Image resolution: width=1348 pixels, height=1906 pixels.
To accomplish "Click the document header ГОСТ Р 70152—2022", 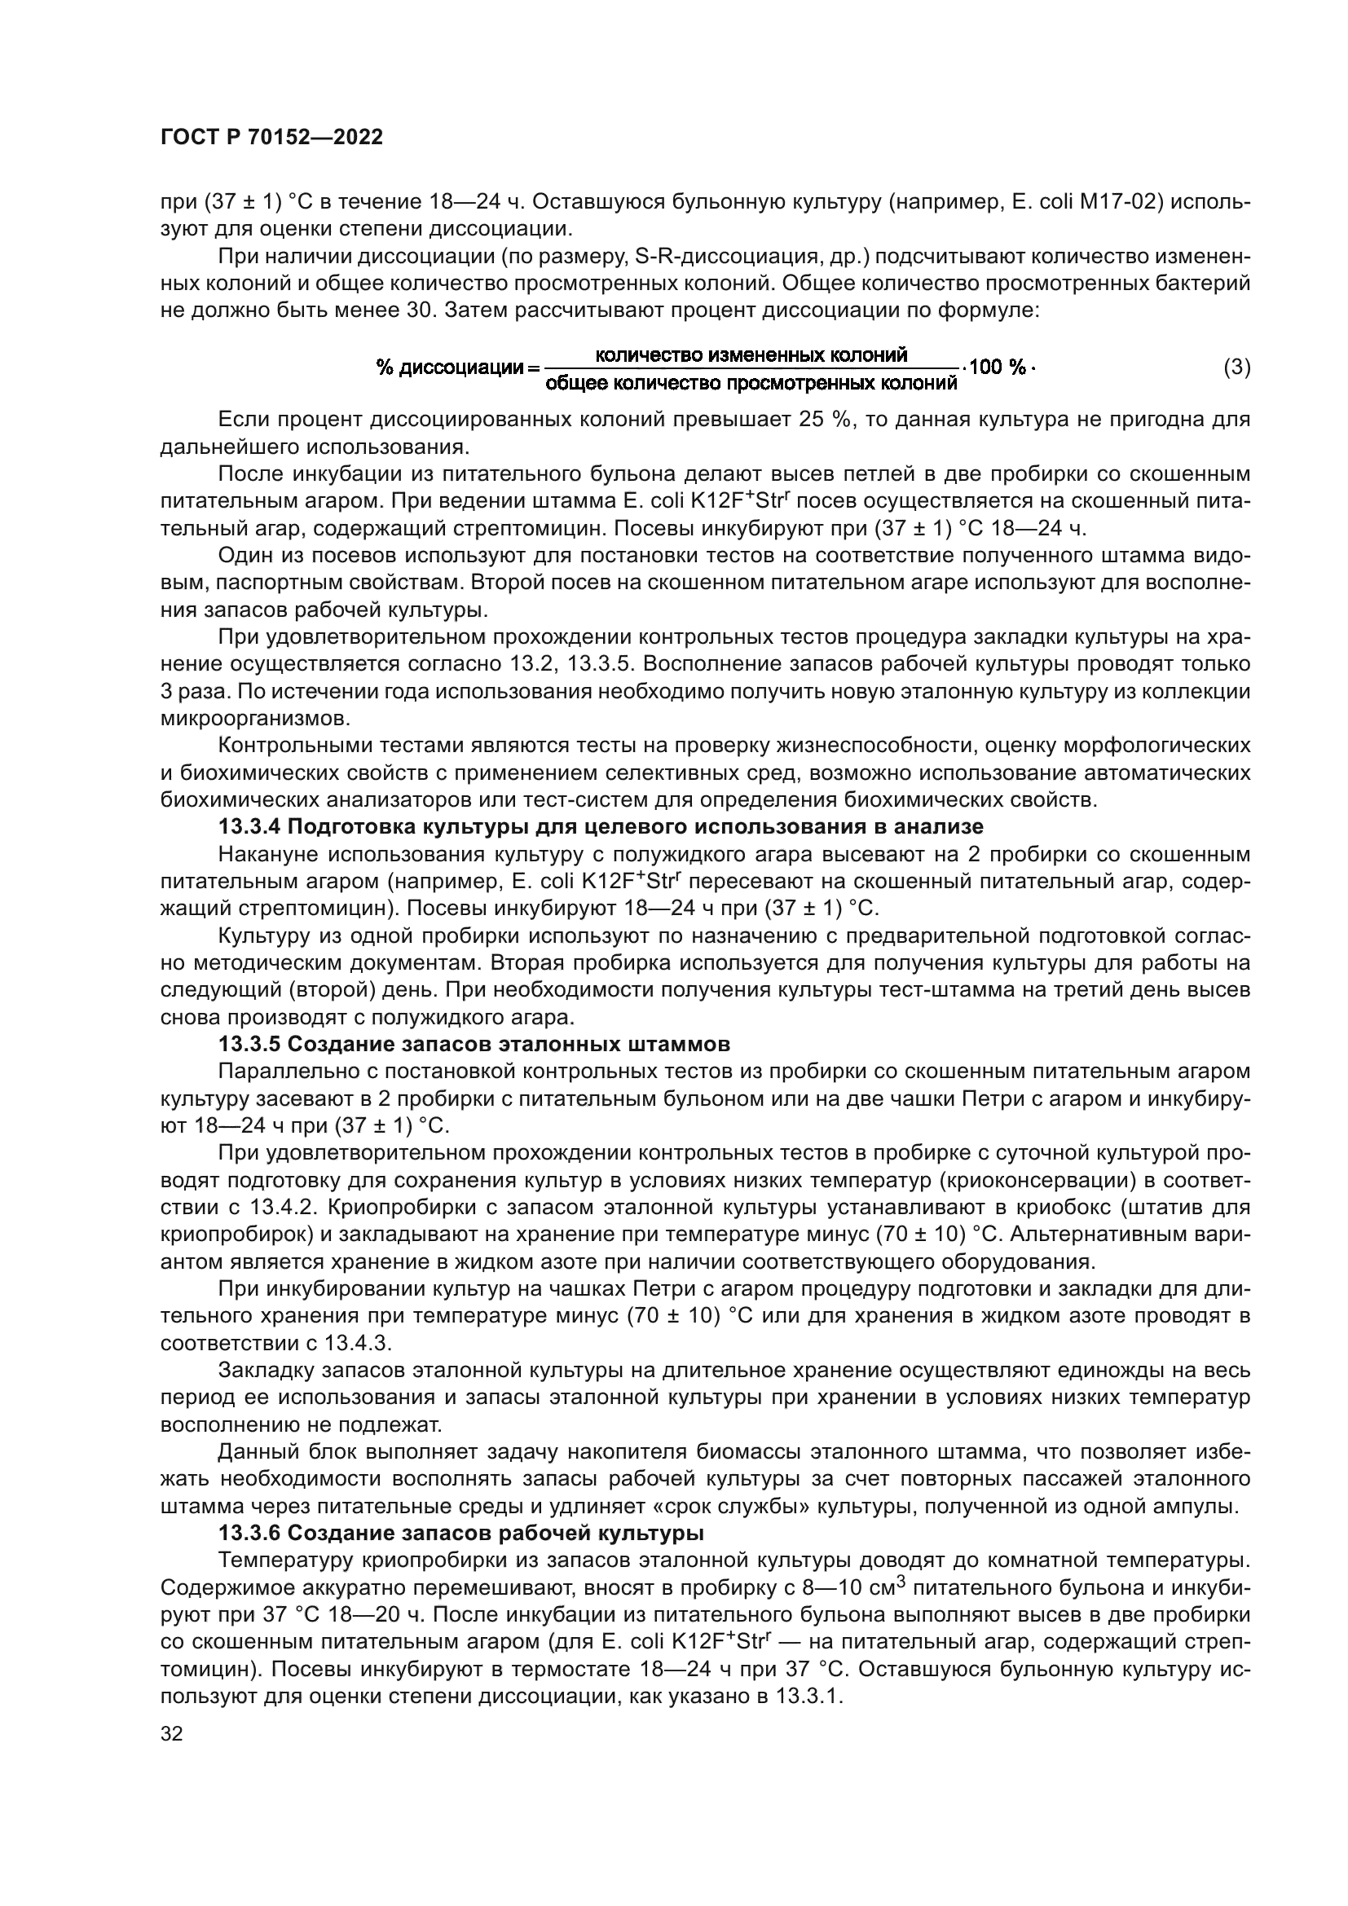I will pos(271,138).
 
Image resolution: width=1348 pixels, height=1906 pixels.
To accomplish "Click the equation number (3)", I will pos(1237,367).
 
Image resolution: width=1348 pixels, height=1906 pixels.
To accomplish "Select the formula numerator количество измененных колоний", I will pos(751,355).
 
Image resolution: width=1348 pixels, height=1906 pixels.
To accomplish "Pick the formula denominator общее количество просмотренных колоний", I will pos(751,383).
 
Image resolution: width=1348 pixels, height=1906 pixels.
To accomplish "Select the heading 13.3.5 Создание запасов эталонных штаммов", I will pos(474,1044).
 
